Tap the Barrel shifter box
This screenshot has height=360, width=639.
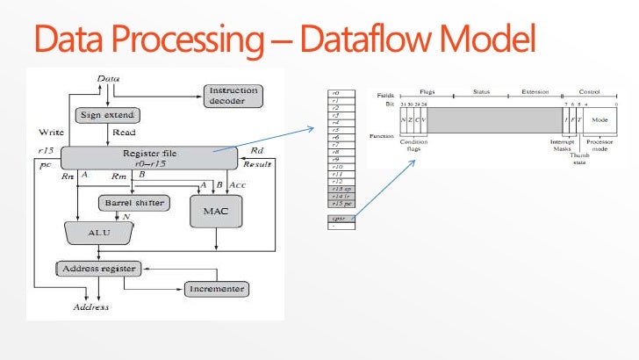pyautogui.click(x=132, y=202)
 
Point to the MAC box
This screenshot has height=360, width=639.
pyautogui.click(x=215, y=212)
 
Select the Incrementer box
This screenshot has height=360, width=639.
pyautogui.click(x=215, y=289)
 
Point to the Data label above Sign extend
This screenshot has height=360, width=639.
pyautogui.click(x=108, y=79)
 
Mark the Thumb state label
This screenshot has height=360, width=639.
pyautogui.click(x=579, y=158)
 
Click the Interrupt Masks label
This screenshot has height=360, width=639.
pyautogui.click(x=562, y=145)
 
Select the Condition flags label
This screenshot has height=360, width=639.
pyautogui.click(x=413, y=145)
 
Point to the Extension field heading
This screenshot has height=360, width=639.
pyautogui.click(x=535, y=91)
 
